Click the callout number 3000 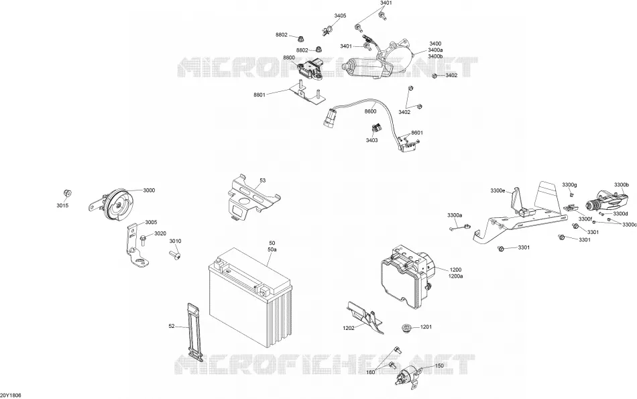149,190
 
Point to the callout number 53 262,180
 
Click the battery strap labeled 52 194,331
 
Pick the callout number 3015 62,206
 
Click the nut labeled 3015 68,193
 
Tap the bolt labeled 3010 174,255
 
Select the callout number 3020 160,233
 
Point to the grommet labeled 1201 405,327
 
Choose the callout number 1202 349,327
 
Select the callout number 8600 370,111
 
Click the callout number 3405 340,16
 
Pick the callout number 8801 259,95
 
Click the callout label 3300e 498,190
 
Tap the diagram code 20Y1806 11,396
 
